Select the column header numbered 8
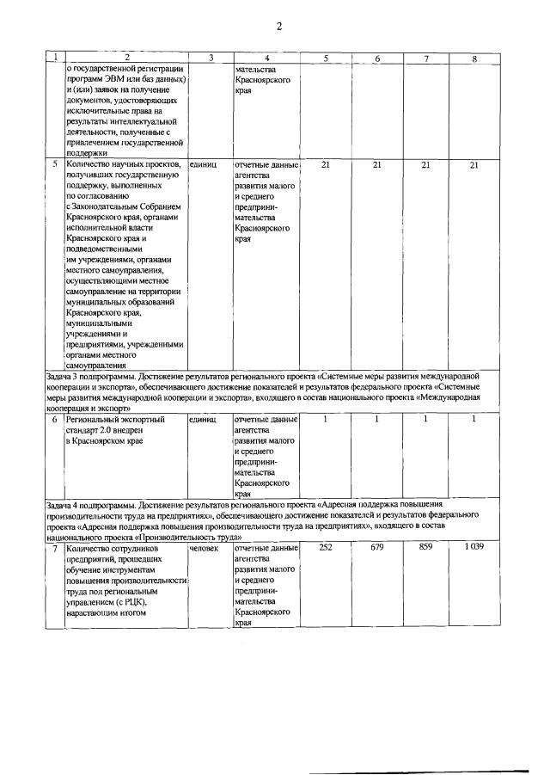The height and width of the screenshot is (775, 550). pyautogui.click(x=474, y=58)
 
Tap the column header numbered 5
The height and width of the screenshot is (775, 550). pyautogui.click(x=325, y=58)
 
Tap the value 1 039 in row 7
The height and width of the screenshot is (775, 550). pyautogui.click(x=474, y=547)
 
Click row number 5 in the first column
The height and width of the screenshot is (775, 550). pyautogui.click(x=55, y=163)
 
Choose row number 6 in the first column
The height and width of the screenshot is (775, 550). pyautogui.click(x=55, y=419)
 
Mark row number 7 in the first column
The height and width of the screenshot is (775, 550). pyautogui.click(x=55, y=547)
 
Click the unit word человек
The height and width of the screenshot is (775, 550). pyautogui.click(x=204, y=547)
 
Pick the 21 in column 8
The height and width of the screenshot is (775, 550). pyautogui.click(x=474, y=163)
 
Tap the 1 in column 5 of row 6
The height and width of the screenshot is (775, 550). pyautogui.click(x=325, y=419)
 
